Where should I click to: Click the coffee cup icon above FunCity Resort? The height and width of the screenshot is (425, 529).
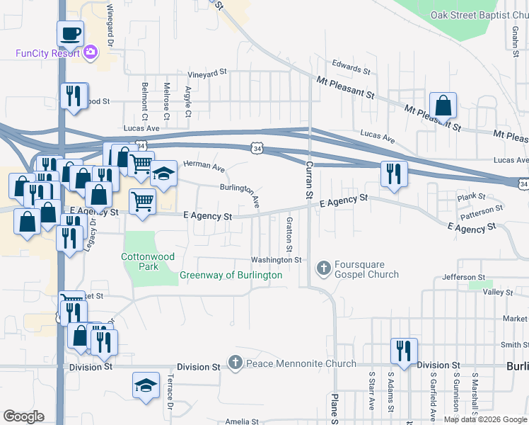[71, 33]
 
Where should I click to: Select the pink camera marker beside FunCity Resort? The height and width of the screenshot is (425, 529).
[91, 52]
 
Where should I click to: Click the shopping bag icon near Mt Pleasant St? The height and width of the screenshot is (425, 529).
[443, 106]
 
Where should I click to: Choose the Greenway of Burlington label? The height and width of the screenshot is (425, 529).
[231, 275]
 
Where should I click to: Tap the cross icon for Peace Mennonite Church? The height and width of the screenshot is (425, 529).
[236, 363]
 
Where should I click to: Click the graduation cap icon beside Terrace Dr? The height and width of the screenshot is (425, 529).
[146, 386]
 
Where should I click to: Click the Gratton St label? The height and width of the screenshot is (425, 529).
[289, 234]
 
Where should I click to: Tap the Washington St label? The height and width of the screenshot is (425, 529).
[277, 260]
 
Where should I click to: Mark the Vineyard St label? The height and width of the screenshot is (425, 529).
[207, 72]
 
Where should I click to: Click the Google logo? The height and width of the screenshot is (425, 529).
[23, 416]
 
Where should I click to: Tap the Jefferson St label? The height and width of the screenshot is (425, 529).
[463, 277]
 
